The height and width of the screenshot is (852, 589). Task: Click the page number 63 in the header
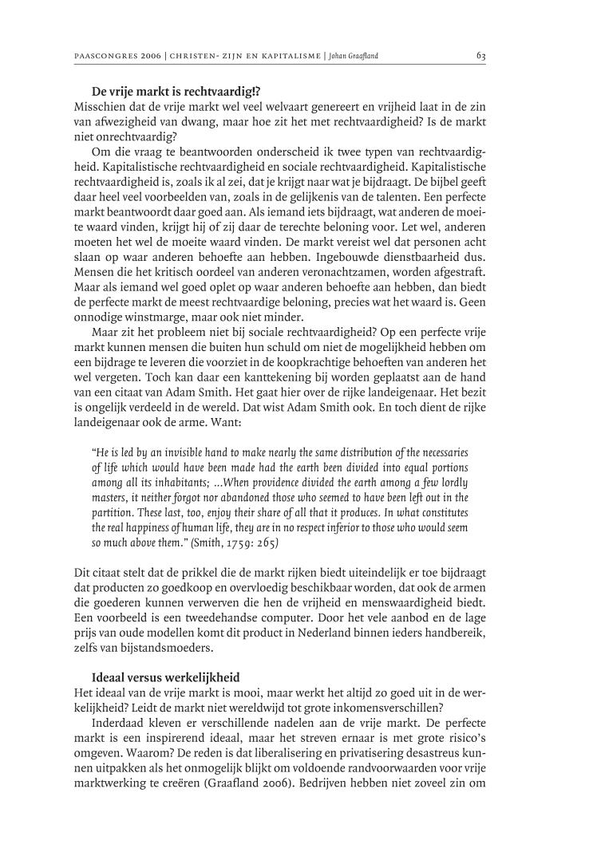(x=480, y=56)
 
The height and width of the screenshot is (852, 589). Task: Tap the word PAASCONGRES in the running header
(x=98, y=57)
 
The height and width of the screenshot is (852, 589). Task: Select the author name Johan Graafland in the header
(x=357, y=57)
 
